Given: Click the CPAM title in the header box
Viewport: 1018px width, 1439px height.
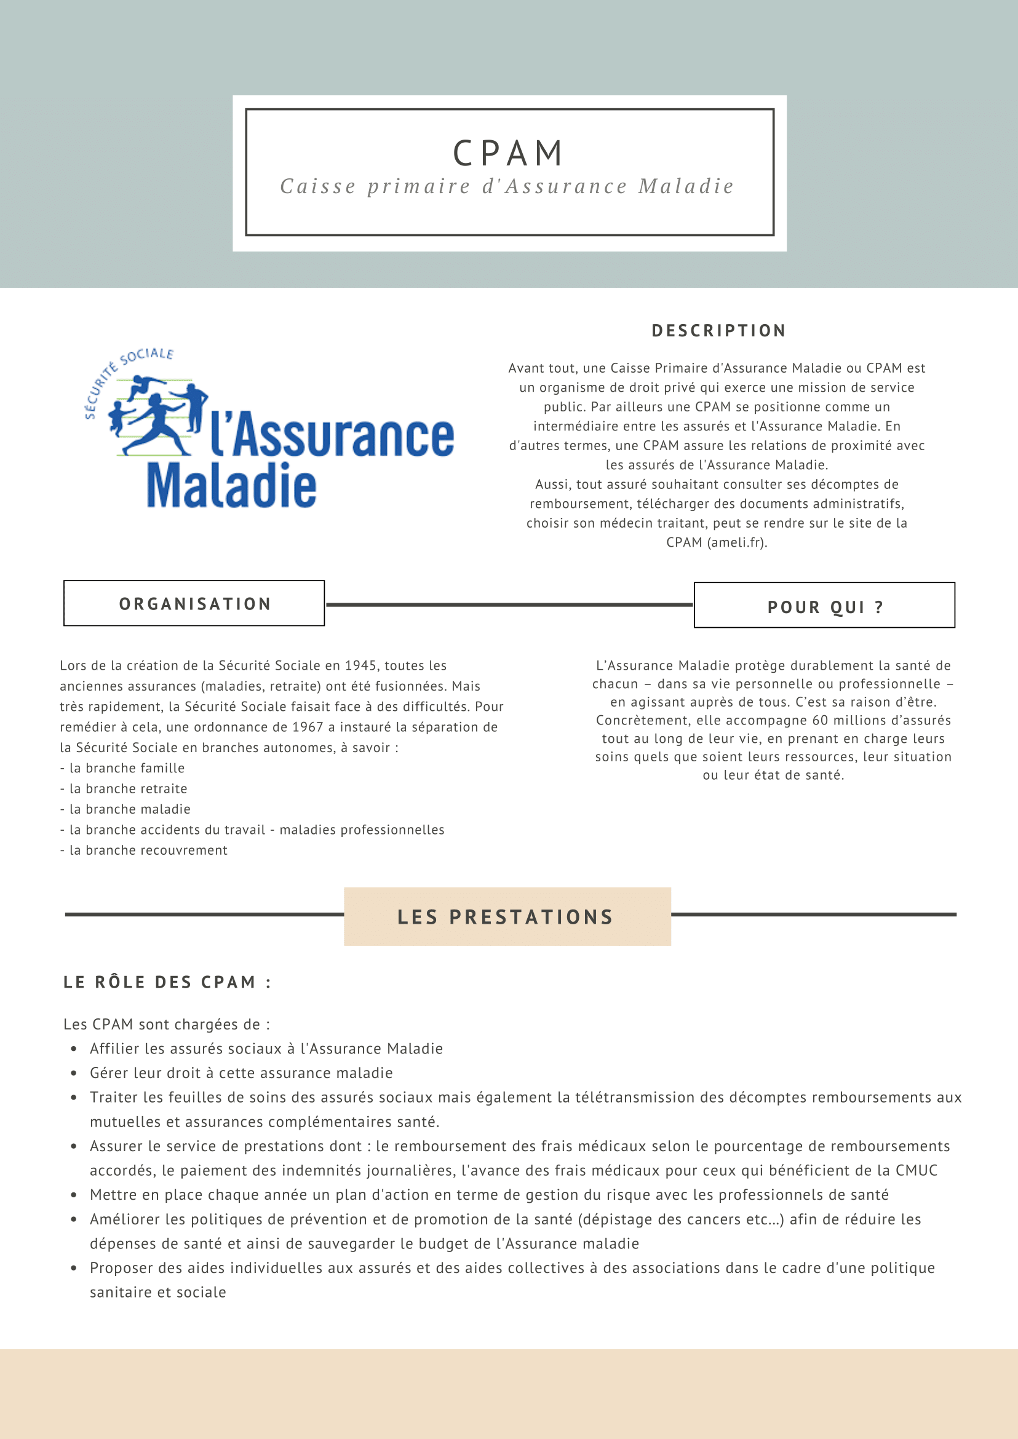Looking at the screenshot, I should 507,154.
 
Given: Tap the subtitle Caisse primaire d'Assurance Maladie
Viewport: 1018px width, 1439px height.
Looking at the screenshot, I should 506,186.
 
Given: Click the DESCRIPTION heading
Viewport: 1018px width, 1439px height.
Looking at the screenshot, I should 718,330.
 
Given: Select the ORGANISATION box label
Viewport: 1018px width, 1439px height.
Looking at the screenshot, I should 195,603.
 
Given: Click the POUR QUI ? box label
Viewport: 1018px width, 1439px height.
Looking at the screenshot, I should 825,607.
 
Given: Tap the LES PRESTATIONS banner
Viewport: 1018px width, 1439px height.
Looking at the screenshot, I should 506,917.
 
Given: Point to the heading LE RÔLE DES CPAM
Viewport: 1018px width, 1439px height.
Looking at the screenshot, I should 167,982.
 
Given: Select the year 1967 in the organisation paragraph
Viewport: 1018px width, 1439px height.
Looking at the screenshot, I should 308,727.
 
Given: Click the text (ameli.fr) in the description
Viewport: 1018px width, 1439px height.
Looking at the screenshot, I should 736,543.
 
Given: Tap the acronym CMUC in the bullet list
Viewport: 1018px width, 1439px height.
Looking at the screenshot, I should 916,1170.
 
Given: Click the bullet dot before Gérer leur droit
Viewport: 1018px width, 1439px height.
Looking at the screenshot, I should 74,1073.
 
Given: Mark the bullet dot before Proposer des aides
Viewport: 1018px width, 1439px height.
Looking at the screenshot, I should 74,1268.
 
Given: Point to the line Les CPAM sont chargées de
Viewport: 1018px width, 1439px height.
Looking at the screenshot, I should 166,1024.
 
